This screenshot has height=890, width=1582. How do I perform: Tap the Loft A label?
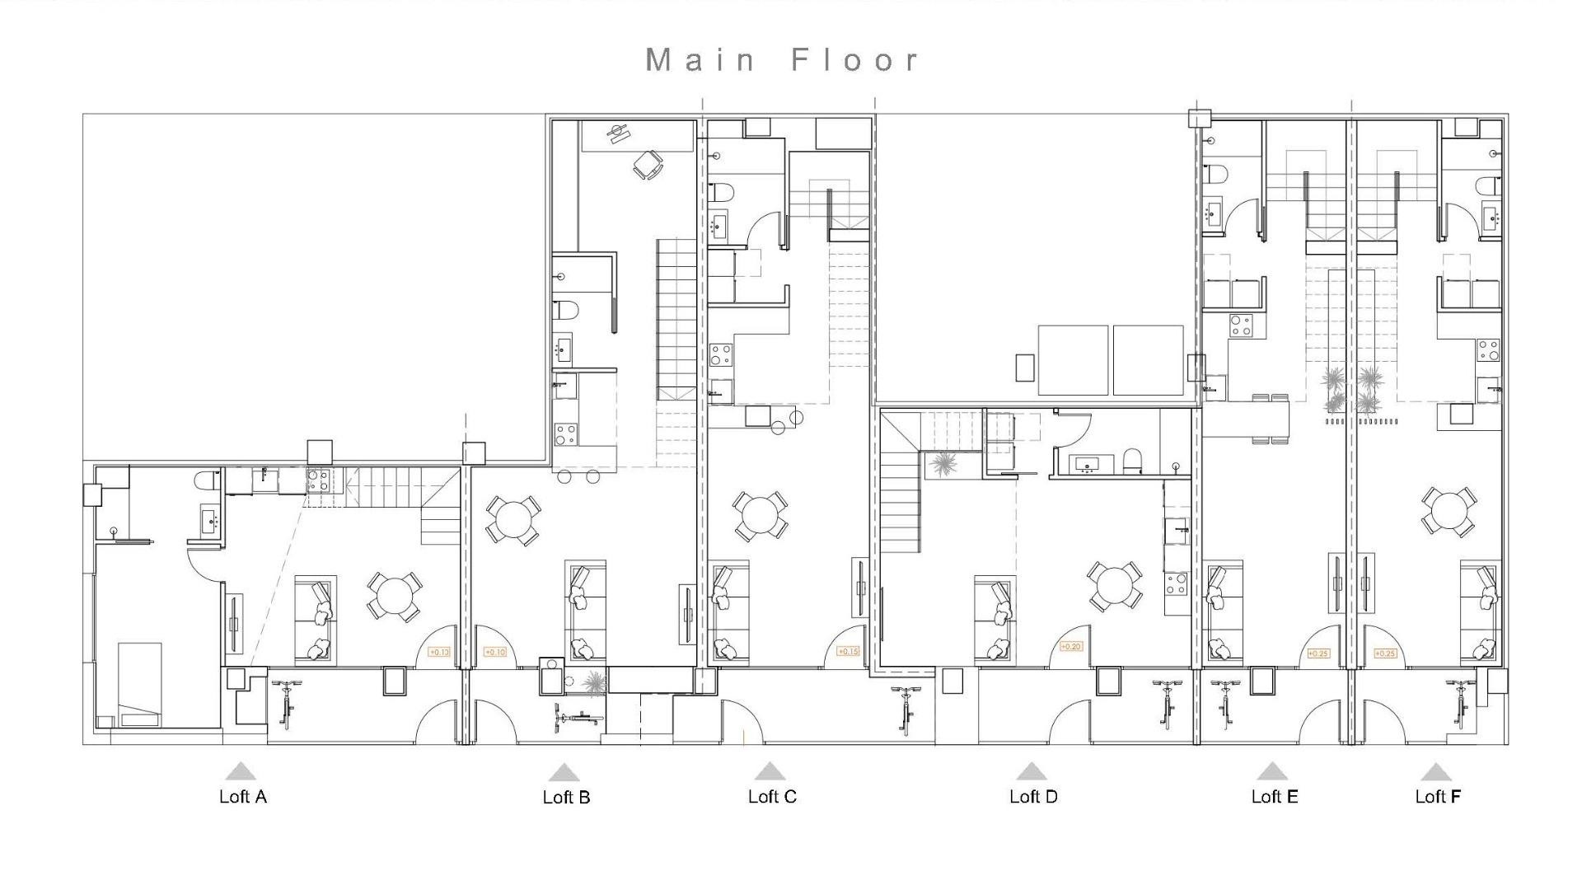pos(242,796)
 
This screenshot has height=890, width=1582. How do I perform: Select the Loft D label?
pos(1033,796)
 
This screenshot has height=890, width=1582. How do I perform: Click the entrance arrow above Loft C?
pos(770,772)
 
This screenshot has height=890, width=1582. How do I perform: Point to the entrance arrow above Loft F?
pos(1436,772)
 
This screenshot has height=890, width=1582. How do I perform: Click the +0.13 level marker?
pos(439,653)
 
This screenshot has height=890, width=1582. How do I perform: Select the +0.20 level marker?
pos(1070,647)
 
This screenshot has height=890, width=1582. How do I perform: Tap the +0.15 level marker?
pos(848,651)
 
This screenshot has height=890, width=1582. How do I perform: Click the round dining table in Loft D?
pos(1114,586)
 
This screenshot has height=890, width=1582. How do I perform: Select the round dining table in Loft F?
pos(1449,511)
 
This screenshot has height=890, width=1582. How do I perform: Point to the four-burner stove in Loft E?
pos(1241,326)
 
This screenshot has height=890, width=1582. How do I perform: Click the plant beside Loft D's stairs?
pos(941,466)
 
